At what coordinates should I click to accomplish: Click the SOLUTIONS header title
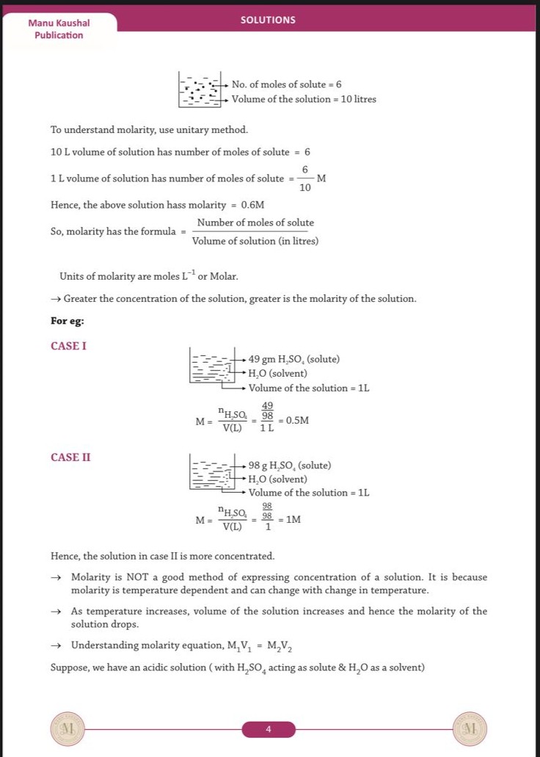(x=268, y=20)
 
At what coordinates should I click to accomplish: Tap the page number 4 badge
(x=269, y=729)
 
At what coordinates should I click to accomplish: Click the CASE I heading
(x=69, y=346)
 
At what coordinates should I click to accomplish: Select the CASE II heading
(x=71, y=457)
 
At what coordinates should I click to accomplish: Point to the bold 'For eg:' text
(x=67, y=321)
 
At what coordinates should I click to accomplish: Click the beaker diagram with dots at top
(x=200, y=89)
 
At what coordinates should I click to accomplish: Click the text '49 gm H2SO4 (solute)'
(x=293, y=359)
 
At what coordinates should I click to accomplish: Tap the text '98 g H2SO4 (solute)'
(x=289, y=466)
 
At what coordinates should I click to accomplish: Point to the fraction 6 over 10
(x=304, y=178)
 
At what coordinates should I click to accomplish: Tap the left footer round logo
(x=67, y=729)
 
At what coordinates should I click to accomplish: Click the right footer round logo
(x=470, y=729)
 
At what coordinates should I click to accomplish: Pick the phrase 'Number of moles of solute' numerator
(x=255, y=223)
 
